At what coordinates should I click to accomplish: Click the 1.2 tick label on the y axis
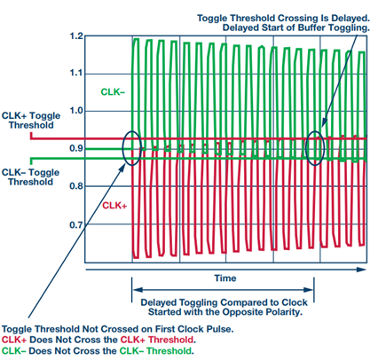(x=76, y=36)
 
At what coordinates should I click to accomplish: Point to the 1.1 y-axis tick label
(x=76, y=73)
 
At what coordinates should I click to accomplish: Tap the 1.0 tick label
(x=76, y=111)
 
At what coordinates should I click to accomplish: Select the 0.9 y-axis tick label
(x=76, y=148)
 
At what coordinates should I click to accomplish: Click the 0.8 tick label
(x=76, y=186)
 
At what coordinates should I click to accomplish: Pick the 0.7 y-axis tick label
(x=76, y=225)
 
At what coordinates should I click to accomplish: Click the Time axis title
(x=225, y=278)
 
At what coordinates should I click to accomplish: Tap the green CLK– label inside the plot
(x=113, y=92)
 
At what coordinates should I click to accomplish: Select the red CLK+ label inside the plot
(x=114, y=206)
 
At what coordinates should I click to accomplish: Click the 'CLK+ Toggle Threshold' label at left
(x=31, y=121)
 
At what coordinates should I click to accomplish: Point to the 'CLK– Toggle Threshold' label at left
(x=30, y=177)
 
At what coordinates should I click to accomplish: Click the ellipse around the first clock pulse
(x=122, y=148)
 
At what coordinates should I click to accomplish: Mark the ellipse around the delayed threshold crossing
(x=306, y=148)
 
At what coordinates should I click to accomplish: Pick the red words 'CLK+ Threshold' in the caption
(x=157, y=340)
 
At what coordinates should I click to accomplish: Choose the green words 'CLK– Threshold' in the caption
(x=156, y=351)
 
